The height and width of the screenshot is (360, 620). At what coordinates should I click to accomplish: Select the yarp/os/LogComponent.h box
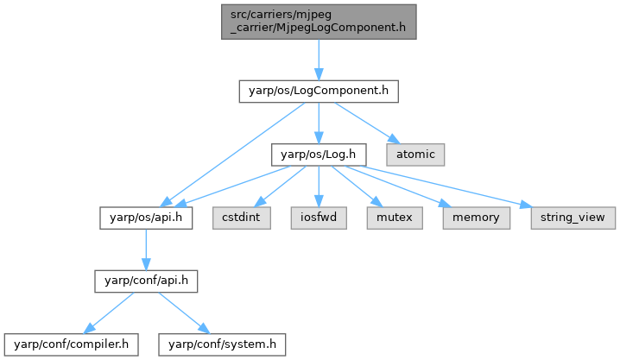pyautogui.click(x=318, y=91)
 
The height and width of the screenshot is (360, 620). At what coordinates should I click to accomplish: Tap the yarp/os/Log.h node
pyautogui.click(x=319, y=155)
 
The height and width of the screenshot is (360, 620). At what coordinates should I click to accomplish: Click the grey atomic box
pyautogui.click(x=415, y=155)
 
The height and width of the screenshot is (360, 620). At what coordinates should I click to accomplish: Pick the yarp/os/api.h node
pyautogui.click(x=145, y=217)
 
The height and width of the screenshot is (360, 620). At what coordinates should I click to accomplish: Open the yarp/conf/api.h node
pyautogui.click(x=145, y=280)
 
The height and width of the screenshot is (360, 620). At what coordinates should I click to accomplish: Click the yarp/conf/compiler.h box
pyautogui.click(x=71, y=344)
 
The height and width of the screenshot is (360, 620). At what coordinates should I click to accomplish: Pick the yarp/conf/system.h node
pyautogui.click(x=221, y=344)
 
